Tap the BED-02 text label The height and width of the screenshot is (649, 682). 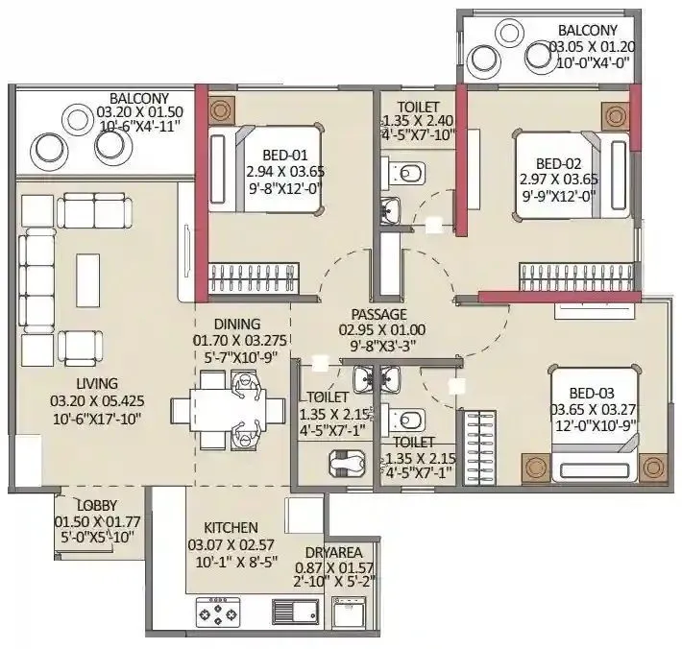coord(553,162)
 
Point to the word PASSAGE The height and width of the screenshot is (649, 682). coord(378,314)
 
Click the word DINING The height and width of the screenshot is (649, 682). coord(237,324)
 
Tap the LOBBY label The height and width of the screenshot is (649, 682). coord(74,505)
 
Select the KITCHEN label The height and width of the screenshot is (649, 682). coord(231,528)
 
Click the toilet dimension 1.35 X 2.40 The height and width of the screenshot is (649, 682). coord(417,121)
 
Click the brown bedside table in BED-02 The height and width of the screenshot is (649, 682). coord(616,116)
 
